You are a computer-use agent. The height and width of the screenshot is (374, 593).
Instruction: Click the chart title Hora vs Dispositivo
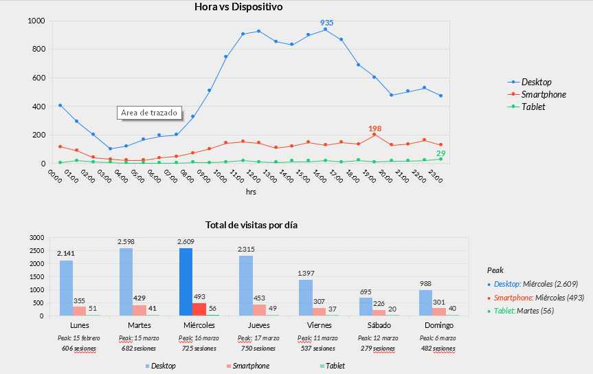click(238, 8)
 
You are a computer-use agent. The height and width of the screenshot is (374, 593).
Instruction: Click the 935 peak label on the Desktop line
click(326, 23)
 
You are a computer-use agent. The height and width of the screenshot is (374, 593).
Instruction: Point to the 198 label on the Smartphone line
click(374, 129)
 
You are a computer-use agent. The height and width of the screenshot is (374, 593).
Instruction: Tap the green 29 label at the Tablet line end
click(440, 153)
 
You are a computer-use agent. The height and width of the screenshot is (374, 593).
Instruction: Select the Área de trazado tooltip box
click(149, 113)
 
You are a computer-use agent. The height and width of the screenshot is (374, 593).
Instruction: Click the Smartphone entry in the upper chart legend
click(543, 94)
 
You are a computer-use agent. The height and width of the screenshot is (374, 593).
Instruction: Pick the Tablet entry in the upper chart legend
click(533, 107)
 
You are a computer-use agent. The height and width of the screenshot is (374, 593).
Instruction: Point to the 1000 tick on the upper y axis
click(36, 21)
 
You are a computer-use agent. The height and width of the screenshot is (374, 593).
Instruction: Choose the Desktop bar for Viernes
click(306, 298)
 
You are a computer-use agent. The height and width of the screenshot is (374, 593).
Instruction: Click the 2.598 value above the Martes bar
click(126, 242)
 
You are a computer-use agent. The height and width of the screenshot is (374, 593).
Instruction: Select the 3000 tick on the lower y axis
click(36, 237)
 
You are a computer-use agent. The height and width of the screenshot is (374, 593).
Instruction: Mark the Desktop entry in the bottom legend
click(162, 366)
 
